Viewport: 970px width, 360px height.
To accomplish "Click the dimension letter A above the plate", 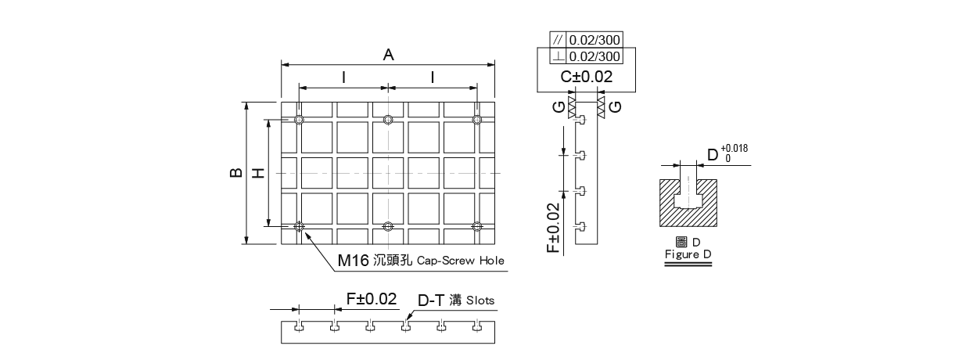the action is [389, 55].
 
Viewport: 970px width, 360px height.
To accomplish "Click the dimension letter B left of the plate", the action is [236, 172].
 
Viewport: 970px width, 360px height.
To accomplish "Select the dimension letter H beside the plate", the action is [258, 173].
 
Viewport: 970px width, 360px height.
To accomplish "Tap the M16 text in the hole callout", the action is [353, 261].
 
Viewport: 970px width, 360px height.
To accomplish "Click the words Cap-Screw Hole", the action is [460, 261].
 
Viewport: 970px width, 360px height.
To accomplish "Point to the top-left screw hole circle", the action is [299, 120].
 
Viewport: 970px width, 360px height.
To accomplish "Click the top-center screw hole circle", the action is [388, 120].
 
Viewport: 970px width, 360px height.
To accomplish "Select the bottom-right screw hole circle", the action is [476, 226].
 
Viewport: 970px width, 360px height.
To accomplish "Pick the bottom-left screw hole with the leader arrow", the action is [299, 226].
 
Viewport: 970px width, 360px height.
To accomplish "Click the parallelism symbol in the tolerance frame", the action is [558, 40].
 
